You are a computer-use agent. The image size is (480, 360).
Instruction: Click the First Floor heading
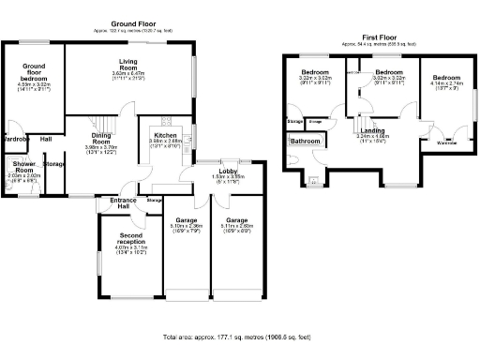point(371,37)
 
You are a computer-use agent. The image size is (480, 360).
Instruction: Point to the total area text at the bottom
point(239,336)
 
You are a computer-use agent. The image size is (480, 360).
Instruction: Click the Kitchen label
point(165,135)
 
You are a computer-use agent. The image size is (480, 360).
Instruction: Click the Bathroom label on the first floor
point(305,142)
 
